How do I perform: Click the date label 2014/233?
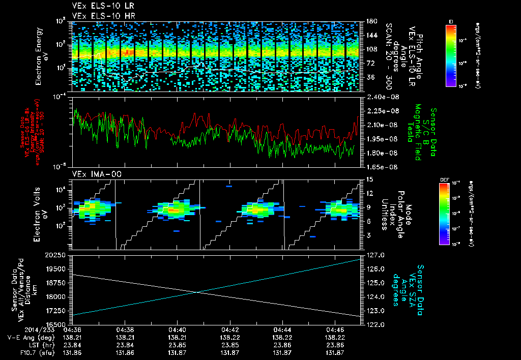tap(20, 329)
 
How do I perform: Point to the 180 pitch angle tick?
tap(370, 21)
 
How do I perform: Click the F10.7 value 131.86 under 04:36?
tap(72, 352)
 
